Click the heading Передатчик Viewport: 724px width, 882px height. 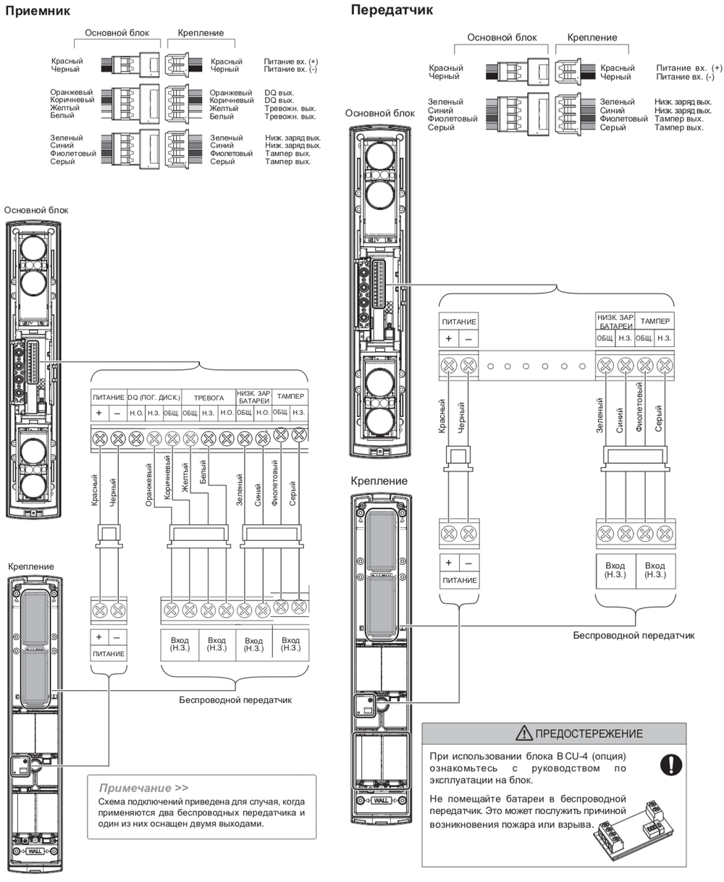(392, 10)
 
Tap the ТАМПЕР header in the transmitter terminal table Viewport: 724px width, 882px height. (654, 320)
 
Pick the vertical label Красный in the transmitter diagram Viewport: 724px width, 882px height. (442, 417)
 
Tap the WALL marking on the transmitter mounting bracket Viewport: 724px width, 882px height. (382, 801)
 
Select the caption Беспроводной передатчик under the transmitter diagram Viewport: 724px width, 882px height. (633, 636)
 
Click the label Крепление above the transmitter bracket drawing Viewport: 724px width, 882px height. (379, 481)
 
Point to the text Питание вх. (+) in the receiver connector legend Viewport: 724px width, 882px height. (290, 62)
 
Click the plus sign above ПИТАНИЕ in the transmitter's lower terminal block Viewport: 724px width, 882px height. (449, 563)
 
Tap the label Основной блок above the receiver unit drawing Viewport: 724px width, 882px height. (36, 210)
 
